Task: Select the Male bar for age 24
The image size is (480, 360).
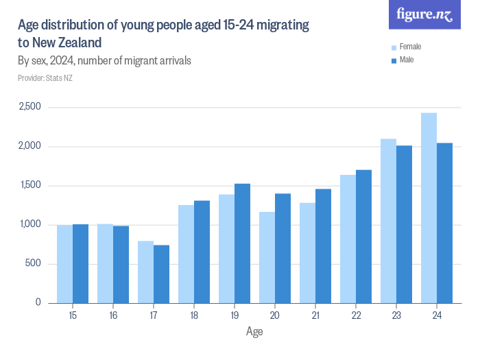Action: [444, 223]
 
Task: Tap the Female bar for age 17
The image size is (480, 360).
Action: [145, 272]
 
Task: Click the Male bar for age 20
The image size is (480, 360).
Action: [283, 248]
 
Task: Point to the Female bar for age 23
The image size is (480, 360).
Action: [388, 221]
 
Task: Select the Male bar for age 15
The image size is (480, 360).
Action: [80, 263]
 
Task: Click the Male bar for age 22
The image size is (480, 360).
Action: [363, 237]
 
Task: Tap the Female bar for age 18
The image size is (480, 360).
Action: [186, 254]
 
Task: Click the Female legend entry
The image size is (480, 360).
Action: [409, 47]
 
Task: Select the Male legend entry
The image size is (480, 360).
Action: [407, 60]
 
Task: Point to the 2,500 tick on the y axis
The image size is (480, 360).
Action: [29, 107]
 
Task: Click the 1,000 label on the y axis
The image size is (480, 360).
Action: [29, 225]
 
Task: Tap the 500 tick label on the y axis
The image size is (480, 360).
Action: [33, 264]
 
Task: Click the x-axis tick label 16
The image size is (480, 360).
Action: [113, 315]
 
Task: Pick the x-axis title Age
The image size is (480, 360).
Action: [254, 331]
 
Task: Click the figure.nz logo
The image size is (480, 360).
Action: [425, 15]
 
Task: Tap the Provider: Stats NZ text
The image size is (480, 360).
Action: [45, 78]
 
